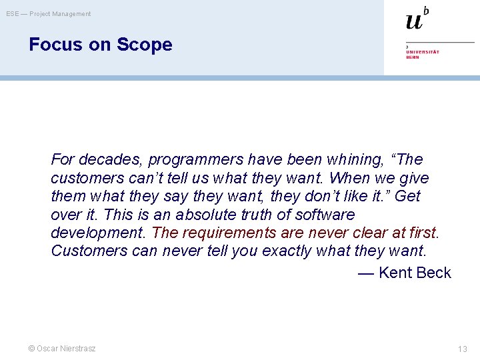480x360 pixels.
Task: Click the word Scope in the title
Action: (x=144, y=45)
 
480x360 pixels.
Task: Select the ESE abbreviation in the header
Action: (x=13, y=14)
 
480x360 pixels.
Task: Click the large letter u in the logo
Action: (x=413, y=21)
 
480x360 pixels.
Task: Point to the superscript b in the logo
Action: (x=426, y=10)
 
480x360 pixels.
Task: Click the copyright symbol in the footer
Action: (x=31, y=349)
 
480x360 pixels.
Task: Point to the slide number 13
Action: (x=463, y=349)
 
